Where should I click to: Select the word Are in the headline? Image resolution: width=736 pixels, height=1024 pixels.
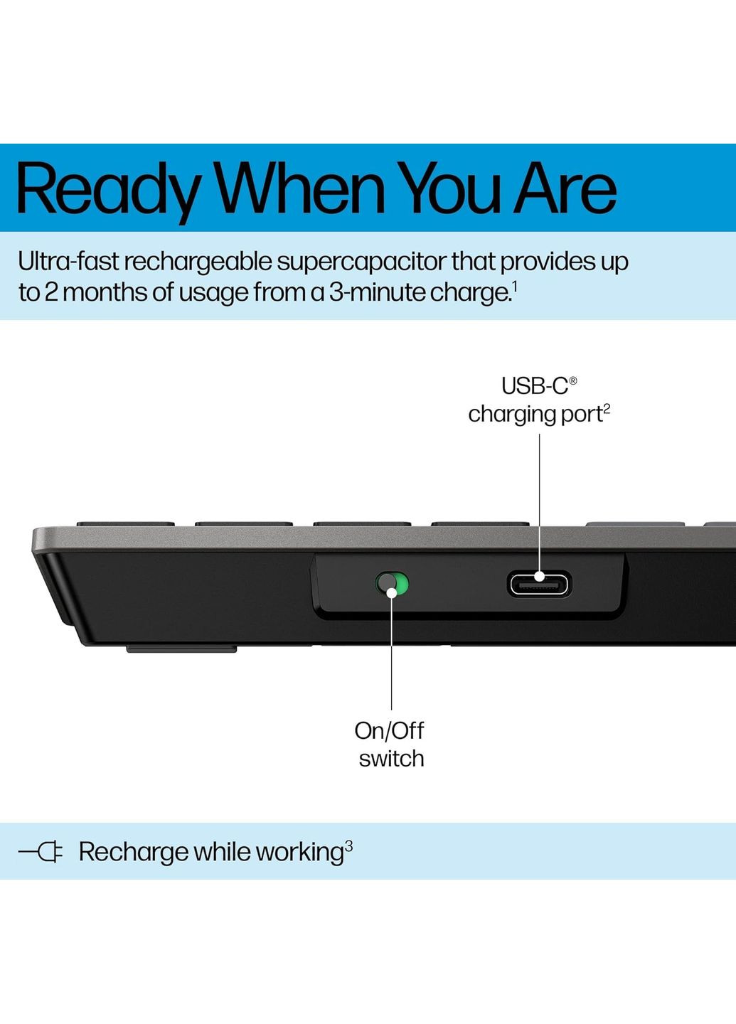(x=565, y=188)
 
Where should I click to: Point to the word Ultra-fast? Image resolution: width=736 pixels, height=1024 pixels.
(x=68, y=262)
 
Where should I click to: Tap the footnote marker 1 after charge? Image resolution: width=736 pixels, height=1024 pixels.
(x=514, y=286)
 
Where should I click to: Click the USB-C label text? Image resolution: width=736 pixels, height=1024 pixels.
(x=534, y=386)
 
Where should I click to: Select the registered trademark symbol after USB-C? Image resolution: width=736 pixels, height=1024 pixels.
(x=573, y=381)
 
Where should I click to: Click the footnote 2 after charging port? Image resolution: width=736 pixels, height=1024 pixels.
(x=607, y=409)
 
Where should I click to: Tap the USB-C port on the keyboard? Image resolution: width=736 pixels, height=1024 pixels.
(x=539, y=584)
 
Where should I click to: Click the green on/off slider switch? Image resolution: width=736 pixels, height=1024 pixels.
(x=392, y=585)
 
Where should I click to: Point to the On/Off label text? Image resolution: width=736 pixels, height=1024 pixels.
(x=389, y=730)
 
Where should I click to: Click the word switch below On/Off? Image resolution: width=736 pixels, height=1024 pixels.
(x=391, y=759)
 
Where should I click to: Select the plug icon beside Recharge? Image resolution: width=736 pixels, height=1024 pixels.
(x=41, y=851)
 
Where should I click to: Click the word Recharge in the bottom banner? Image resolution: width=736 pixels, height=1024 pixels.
(x=133, y=852)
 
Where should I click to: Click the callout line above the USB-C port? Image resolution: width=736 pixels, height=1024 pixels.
(x=539, y=498)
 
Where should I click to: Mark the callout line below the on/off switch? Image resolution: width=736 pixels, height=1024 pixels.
(x=392, y=654)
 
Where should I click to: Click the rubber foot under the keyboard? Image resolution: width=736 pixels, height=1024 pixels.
(x=181, y=649)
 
